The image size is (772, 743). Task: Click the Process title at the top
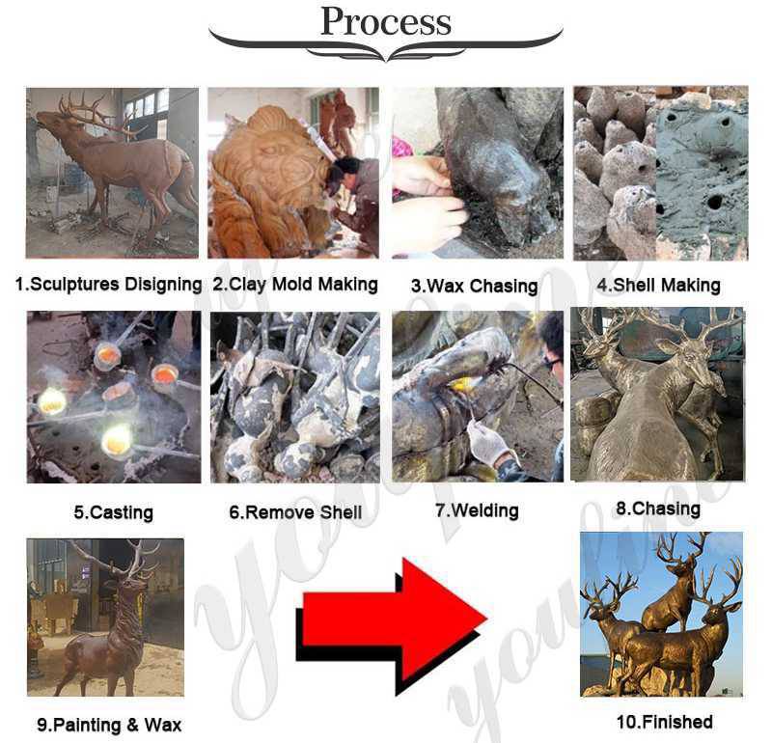point(385,21)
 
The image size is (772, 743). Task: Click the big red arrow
point(392,627)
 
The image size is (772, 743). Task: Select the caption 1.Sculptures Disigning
point(108,284)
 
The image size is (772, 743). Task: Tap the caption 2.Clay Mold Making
point(295,285)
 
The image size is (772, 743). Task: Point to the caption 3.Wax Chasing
point(474,286)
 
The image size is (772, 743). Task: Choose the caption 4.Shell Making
point(659,285)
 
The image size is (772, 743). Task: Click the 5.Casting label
point(113,512)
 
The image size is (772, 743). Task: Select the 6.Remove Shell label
point(295,512)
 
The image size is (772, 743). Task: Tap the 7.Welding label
point(477,510)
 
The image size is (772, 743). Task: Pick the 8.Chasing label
point(658,509)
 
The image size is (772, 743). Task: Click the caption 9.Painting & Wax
point(109,725)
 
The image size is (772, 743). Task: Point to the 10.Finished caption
point(665,722)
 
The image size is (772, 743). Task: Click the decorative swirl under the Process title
point(385,48)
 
